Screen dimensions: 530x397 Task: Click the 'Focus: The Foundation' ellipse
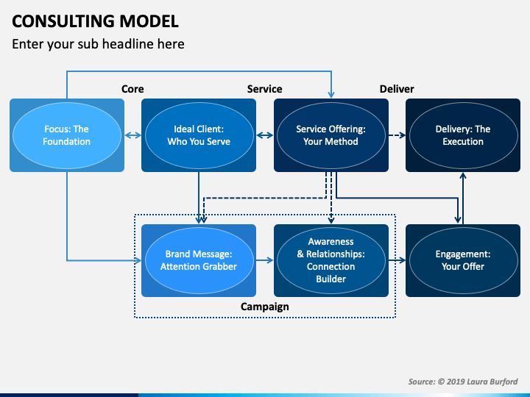point(67,135)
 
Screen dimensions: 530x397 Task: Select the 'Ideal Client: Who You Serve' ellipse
point(199,135)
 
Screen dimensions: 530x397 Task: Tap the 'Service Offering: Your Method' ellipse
point(331,135)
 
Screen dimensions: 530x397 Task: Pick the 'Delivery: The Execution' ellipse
point(463,135)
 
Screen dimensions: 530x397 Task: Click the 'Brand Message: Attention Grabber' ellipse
point(199,260)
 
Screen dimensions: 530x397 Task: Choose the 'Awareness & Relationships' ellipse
point(331,260)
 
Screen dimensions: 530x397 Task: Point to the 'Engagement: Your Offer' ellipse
point(463,260)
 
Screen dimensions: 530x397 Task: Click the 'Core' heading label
point(132,89)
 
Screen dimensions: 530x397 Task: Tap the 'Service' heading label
point(265,89)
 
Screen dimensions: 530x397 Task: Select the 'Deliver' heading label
point(397,89)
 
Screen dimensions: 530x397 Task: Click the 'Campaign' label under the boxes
point(265,307)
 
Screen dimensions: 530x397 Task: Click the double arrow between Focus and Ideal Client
point(132,135)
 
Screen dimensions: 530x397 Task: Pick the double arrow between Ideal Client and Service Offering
point(265,135)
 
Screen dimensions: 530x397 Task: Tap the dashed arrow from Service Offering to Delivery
point(397,135)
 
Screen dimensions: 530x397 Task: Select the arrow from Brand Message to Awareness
point(265,260)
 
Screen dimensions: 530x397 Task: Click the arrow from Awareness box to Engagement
point(397,260)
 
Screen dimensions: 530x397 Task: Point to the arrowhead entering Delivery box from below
point(463,176)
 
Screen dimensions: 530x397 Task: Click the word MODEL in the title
point(149,21)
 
